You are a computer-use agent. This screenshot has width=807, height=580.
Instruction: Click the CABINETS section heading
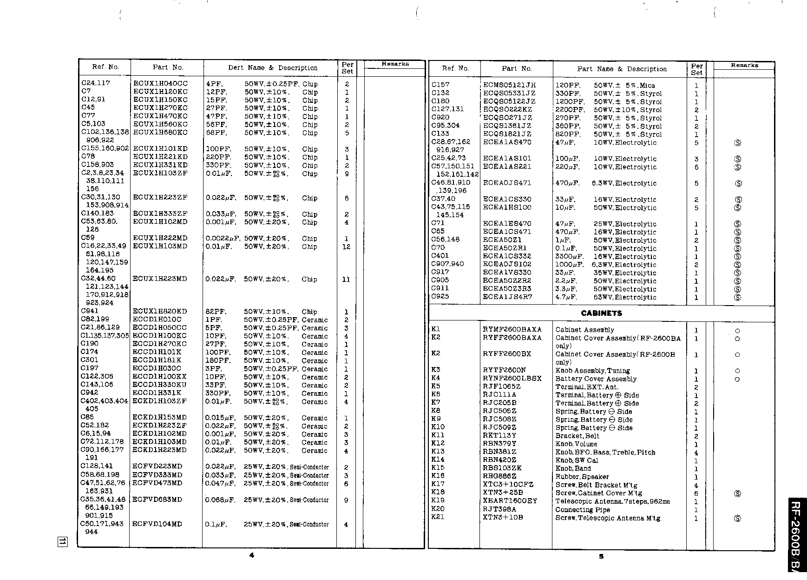click(601, 313)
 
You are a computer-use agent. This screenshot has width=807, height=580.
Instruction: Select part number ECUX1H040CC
click(160, 84)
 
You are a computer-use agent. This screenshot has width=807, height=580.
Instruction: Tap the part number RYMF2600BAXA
click(512, 329)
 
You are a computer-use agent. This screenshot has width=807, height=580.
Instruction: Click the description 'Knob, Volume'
click(576, 444)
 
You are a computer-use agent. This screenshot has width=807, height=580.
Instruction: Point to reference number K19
click(438, 500)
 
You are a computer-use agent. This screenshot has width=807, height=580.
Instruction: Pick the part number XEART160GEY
click(510, 501)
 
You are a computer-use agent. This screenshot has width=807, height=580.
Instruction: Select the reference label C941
click(90, 311)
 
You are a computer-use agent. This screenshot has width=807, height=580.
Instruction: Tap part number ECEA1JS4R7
click(507, 297)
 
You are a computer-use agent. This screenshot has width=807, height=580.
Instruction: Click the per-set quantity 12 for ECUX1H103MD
click(346, 247)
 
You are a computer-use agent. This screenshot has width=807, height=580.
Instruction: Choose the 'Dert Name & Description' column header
click(273, 68)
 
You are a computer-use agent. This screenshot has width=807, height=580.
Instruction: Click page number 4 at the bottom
click(252, 555)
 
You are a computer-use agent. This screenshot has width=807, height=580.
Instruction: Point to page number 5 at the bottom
click(601, 556)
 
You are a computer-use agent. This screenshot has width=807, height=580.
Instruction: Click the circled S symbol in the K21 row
click(737, 518)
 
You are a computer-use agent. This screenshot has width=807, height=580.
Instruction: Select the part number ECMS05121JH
click(509, 85)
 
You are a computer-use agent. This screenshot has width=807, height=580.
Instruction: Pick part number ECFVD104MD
click(157, 524)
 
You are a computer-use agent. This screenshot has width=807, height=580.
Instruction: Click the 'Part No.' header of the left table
click(168, 67)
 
